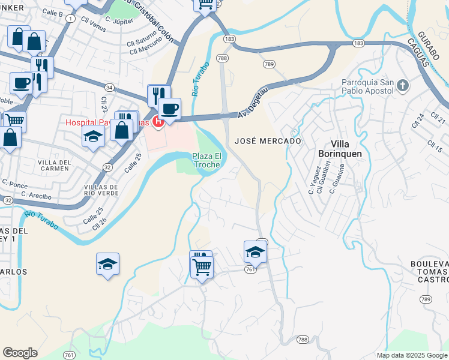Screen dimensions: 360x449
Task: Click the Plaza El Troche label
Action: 207,160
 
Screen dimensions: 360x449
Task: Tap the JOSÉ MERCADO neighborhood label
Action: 268,140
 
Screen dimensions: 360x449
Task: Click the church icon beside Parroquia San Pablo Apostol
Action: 403,86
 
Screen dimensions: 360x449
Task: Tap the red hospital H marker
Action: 158,122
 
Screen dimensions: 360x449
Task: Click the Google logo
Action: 20,353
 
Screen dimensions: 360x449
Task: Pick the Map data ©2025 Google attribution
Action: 411,355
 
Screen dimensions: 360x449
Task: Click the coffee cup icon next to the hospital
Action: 170,109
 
